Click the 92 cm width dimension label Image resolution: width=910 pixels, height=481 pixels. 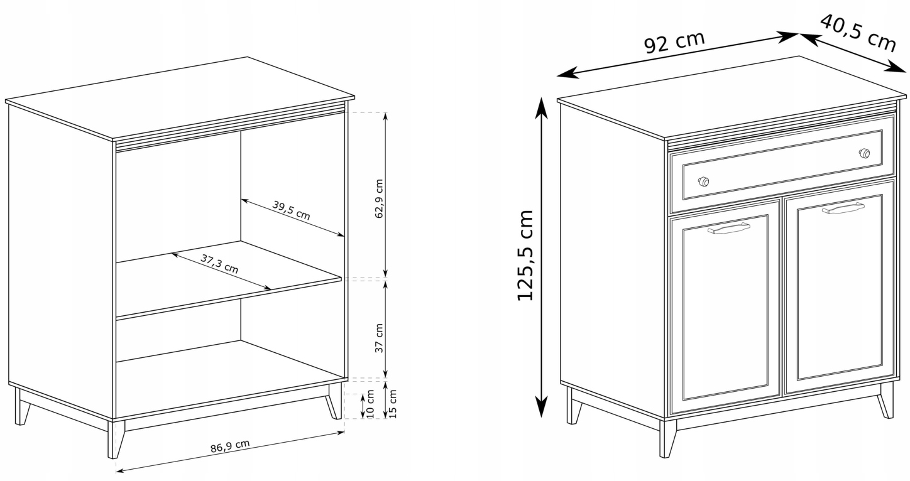click(674, 42)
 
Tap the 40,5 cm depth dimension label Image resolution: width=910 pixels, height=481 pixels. click(858, 33)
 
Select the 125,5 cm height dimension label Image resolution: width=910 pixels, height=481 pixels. click(525, 256)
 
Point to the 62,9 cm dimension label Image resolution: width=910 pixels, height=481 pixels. click(378, 198)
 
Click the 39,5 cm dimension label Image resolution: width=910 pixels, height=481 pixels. click(291, 210)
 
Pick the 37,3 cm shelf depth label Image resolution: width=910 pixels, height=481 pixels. click(219, 264)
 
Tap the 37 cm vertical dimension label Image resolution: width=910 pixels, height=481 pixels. click(378, 338)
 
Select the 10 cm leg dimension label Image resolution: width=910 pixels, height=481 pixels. click(370, 404)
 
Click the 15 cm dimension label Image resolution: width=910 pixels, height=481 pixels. click(392, 404)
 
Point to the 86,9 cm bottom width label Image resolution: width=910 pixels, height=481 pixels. click(230, 446)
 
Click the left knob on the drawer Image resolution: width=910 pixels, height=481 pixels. click(703, 181)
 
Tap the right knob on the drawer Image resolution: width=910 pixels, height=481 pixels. click(864, 153)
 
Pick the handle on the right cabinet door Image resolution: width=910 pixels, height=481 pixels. click(843, 208)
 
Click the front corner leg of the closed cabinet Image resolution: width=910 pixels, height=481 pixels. click(667, 439)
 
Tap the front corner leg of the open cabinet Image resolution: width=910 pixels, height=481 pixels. click(116, 440)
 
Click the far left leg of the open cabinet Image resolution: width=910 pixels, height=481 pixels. click(21, 406)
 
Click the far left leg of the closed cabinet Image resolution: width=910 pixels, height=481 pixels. click(573, 406)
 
